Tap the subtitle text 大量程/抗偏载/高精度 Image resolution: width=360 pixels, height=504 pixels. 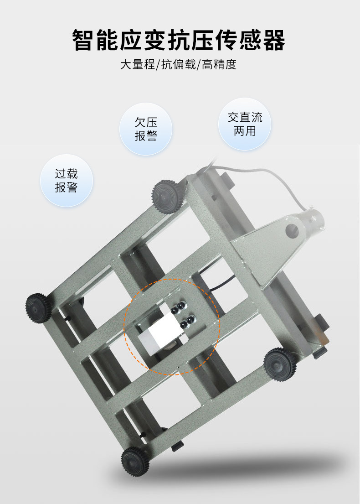[179, 64]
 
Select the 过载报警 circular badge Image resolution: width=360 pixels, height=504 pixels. [67, 181]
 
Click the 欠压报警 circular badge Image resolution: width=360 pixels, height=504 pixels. [146, 129]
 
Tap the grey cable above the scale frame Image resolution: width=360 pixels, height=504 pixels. [255, 175]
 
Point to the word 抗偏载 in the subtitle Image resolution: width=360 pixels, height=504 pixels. [179, 64]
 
